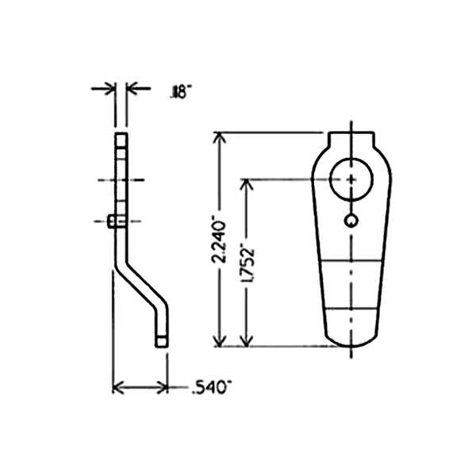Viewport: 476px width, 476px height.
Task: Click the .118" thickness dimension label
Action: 177,94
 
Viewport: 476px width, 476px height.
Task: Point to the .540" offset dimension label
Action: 211,388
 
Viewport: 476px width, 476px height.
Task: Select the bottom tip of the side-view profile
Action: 161,341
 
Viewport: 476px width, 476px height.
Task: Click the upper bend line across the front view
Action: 350,261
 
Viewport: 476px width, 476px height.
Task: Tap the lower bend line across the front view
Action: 350,309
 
